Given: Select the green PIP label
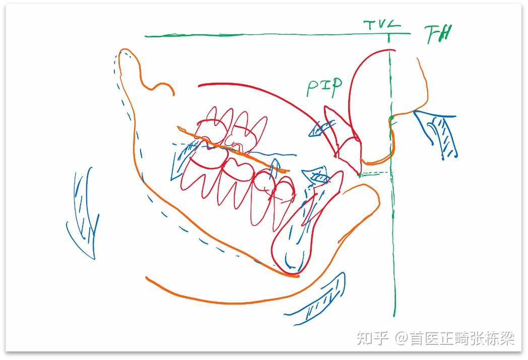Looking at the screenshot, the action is (324, 87).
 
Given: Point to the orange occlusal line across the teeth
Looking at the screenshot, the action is (232, 149).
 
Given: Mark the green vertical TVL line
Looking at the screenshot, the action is (392, 227).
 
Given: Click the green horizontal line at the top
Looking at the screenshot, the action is (252, 36).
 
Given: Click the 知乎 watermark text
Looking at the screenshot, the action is (373, 338).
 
